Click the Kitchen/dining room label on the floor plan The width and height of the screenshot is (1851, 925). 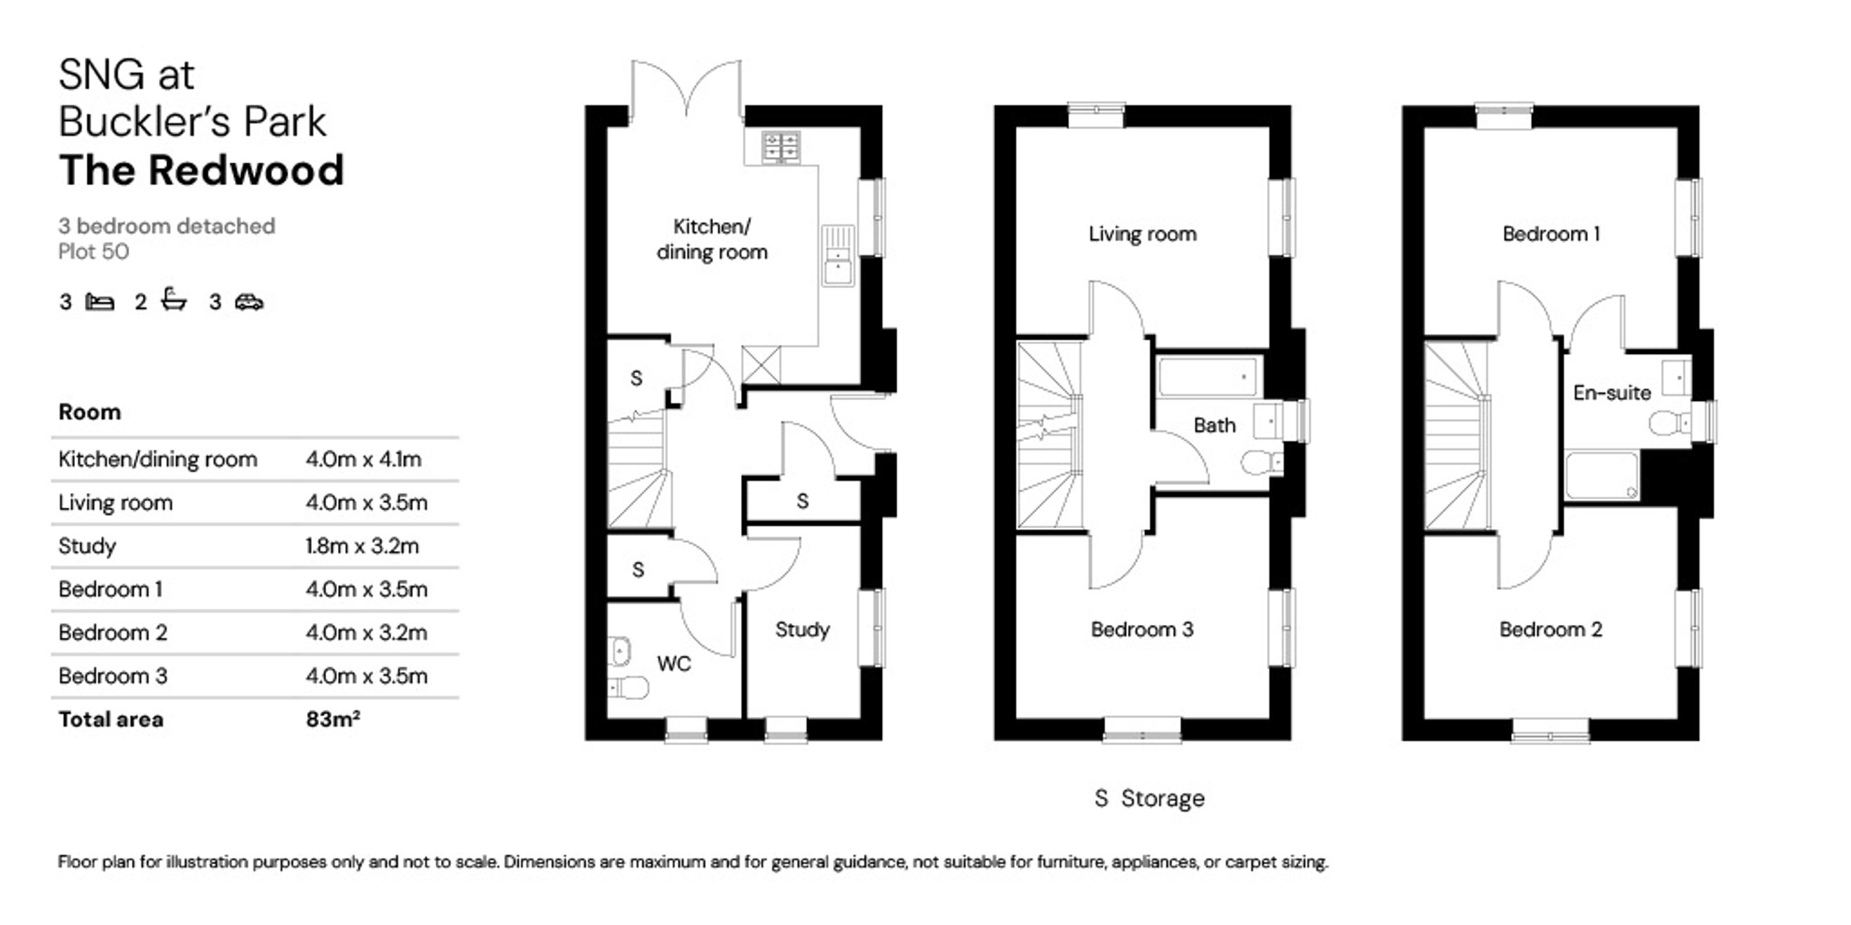712,239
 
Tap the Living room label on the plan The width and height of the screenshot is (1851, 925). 1141,234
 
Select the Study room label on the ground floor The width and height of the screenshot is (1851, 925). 802,631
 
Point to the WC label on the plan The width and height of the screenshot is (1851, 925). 673,664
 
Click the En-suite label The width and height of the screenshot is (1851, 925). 1612,393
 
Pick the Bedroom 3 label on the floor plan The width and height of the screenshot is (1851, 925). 1141,630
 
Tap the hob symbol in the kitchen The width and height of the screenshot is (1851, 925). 781,147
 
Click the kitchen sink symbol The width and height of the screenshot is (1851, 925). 838,256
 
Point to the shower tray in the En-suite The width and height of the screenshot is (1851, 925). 1602,474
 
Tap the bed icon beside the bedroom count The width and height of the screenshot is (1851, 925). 100,301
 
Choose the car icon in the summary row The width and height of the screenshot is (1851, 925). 250,302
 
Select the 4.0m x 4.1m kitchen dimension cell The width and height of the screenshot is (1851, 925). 364,459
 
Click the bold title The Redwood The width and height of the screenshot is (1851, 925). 201,170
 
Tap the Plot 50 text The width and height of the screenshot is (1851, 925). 93,252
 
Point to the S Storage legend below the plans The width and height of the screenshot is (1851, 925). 1149,798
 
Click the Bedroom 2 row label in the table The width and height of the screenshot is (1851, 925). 113,633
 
